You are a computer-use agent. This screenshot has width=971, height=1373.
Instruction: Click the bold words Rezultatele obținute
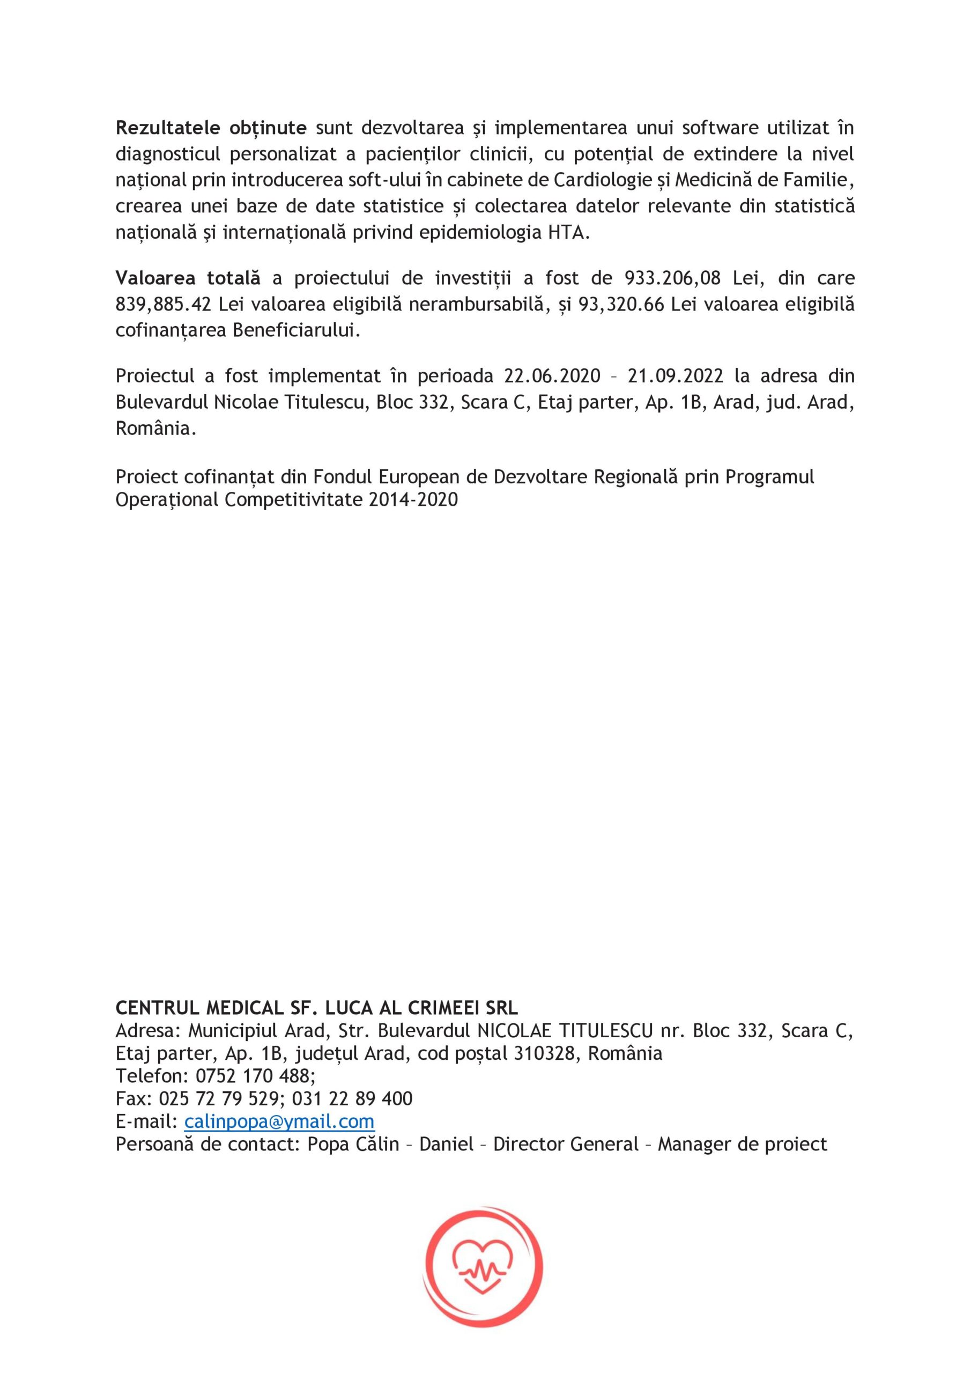[211, 128]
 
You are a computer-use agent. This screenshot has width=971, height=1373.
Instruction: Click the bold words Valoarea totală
[188, 278]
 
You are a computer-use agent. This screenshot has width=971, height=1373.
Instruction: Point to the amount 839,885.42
[163, 305]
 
